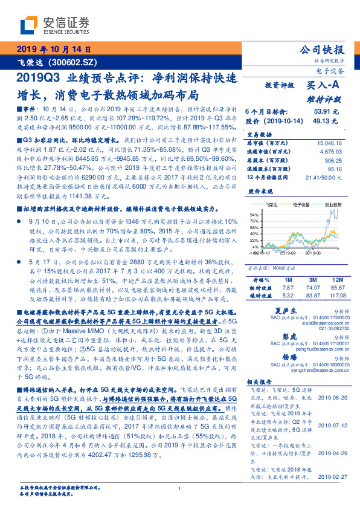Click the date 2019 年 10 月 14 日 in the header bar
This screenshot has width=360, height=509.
click(x=53, y=50)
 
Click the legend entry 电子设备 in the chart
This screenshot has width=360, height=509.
click(x=300, y=206)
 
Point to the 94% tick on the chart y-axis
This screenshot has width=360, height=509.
click(x=254, y=215)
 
